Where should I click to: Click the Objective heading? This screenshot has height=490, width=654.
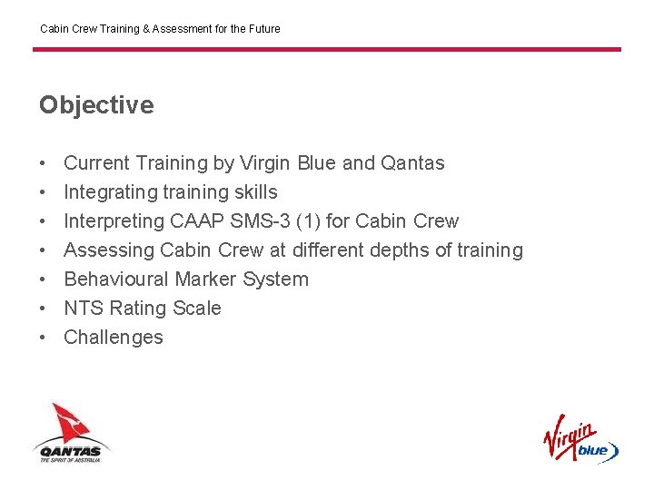[x=96, y=105]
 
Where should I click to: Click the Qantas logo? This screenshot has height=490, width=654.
[x=72, y=433]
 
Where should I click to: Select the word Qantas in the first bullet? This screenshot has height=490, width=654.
[x=412, y=163]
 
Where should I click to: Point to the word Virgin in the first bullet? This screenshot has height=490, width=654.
[x=265, y=163]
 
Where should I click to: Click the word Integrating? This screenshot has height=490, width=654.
[x=108, y=192]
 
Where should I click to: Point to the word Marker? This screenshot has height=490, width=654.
[x=205, y=279]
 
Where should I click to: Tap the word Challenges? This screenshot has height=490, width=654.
[x=114, y=338]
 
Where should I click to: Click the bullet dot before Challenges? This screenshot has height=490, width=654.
[x=43, y=338]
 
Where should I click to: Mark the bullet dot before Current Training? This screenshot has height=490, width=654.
[x=43, y=163]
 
